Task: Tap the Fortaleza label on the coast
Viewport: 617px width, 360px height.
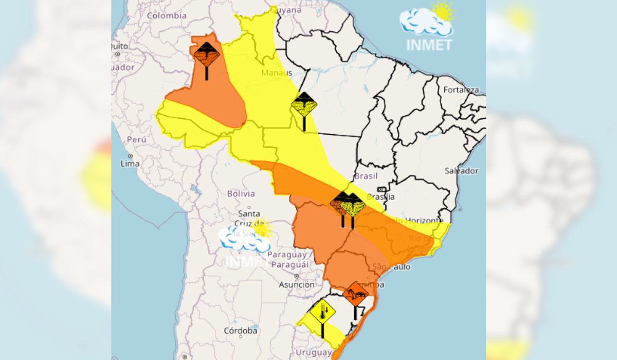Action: [461, 89]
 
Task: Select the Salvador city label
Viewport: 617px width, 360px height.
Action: [461, 171]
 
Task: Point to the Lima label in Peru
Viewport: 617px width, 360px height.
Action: [129, 164]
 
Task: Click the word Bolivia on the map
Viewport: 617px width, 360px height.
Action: [241, 194]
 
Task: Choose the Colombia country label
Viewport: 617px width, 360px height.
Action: [167, 15]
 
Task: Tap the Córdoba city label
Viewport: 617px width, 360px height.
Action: [240, 331]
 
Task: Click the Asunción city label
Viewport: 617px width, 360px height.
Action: [297, 284]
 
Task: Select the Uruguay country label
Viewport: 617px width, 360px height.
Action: [313, 353]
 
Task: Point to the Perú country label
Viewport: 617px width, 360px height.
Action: [136, 139]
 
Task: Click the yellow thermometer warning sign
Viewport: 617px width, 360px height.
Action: [322, 311]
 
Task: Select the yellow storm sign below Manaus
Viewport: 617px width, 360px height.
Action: [304, 104]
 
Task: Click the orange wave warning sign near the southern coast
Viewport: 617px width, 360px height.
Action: [356, 294]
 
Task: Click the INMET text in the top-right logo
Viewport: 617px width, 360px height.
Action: [429, 45]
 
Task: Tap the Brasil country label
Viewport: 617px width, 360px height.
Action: [366, 176]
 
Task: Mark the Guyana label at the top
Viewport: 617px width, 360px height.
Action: [286, 10]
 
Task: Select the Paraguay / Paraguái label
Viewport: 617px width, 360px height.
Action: [289, 260]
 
